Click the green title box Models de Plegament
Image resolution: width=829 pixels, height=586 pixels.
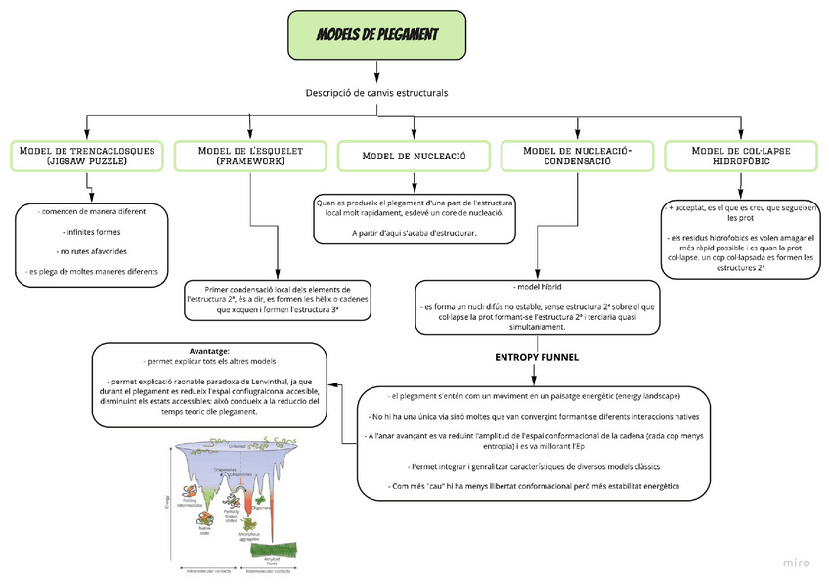click(x=377, y=36)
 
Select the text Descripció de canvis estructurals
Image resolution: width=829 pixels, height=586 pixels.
click(x=377, y=93)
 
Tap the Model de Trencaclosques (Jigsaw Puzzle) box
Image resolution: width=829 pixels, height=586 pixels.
click(x=87, y=156)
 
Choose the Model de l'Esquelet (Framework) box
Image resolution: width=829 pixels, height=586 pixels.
click(x=250, y=156)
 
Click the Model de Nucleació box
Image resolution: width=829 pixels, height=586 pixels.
click(x=414, y=156)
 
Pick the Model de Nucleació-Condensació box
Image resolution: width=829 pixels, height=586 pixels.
click(x=577, y=156)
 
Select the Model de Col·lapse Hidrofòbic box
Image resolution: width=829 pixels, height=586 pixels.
click(x=740, y=156)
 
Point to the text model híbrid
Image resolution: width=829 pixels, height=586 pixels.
click(x=542, y=287)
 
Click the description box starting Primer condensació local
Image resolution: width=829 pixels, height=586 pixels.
click(x=279, y=300)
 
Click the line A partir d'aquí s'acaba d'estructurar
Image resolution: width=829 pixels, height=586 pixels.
click(x=414, y=232)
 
